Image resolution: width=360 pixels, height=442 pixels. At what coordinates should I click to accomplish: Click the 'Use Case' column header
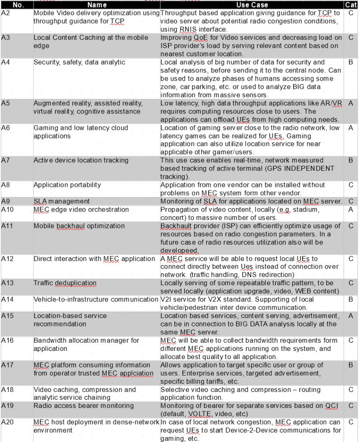pyautogui.click(x=252, y=5)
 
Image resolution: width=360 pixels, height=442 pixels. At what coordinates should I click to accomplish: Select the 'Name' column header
pyautogui.click(x=97, y=5)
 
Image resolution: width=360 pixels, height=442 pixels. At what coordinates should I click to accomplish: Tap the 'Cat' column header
pyautogui.click(x=351, y=5)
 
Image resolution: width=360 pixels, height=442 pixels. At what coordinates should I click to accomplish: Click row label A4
pyautogui.click(x=6, y=62)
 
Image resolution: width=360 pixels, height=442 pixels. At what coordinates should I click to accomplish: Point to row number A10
pyautogui.click(x=7, y=209)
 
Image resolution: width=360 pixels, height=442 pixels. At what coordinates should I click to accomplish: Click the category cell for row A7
pyautogui.click(x=351, y=160)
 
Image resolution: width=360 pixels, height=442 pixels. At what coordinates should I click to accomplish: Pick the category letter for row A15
pyautogui.click(x=351, y=316)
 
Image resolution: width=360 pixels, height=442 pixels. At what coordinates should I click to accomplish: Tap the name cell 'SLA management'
pyautogui.click(x=62, y=201)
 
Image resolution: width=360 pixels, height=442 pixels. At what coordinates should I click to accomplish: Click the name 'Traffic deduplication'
pyautogui.click(x=65, y=283)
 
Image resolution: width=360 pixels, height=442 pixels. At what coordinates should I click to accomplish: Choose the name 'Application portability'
pyautogui.click(x=67, y=185)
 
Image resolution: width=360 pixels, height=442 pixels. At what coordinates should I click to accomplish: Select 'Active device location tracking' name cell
pyautogui.click(x=81, y=160)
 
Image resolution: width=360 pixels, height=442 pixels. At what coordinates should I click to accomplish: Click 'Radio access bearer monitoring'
pyautogui.click(x=83, y=406)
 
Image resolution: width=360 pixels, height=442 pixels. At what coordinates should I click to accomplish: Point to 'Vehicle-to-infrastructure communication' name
pyautogui.click(x=96, y=299)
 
